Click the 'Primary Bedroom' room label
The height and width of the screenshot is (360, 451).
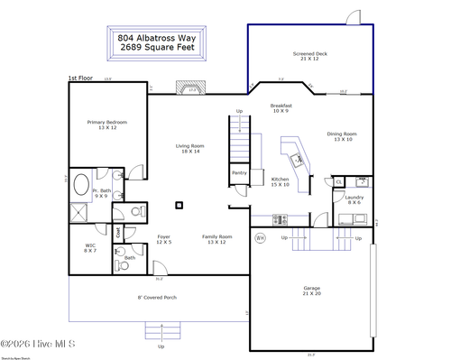pyautogui.click(x=106, y=125)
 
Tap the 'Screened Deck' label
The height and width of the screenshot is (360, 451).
pyautogui.click(x=310, y=57)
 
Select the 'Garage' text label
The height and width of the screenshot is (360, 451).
pyautogui.click(x=310, y=291)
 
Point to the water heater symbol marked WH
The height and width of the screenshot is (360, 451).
pyautogui.click(x=260, y=239)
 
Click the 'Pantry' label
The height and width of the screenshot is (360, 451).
pyautogui.click(x=239, y=172)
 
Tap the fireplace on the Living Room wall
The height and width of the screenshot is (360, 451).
pyautogui.click(x=191, y=89)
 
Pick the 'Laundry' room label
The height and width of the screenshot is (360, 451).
pyautogui.click(x=354, y=199)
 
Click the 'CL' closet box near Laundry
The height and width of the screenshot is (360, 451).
pyautogui.click(x=339, y=182)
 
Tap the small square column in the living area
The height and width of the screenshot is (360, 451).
pyautogui.click(x=179, y=205)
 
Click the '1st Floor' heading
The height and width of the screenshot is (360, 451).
pyautogui.click(x=80, y=78)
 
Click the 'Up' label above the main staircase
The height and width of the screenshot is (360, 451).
pyautogui.click(x=239, y=111)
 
